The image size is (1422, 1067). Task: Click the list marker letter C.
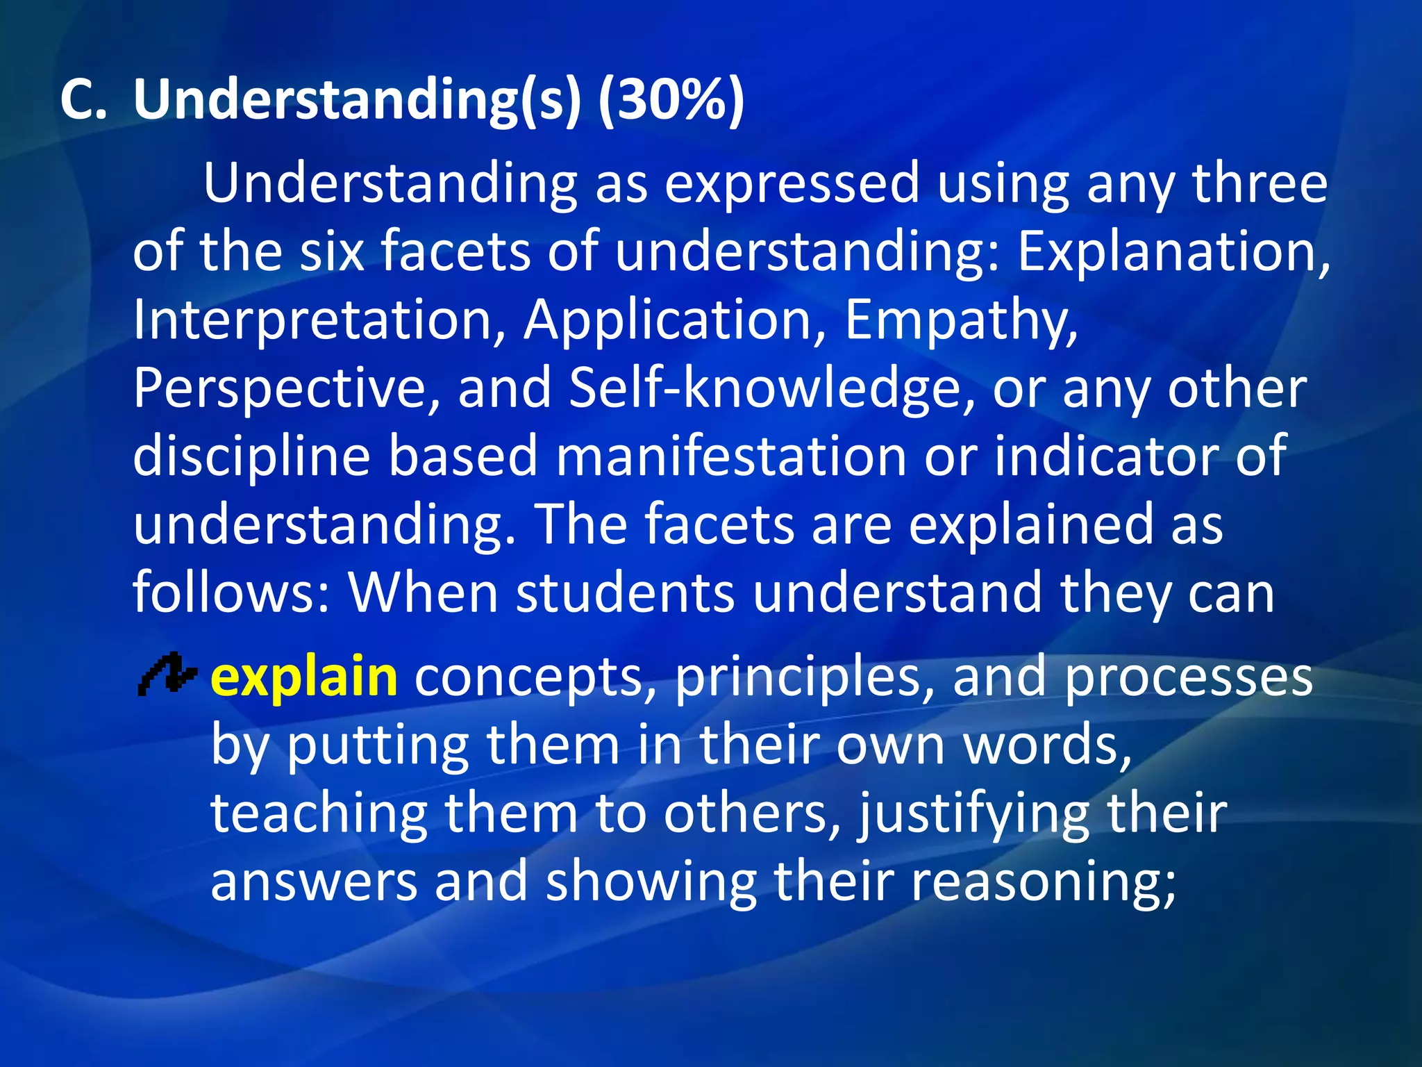point(83,100)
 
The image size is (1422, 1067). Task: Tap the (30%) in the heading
point(670,100)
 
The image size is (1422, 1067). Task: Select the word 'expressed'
point(792,183)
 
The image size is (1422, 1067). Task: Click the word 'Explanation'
point(1173,251)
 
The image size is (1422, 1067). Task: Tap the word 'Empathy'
point(962,321)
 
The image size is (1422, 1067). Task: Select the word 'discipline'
point(251,456)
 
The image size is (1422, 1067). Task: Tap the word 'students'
point(625,593)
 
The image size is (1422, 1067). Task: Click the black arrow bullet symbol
point(167,674)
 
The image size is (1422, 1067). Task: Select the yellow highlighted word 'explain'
point(304,677)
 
